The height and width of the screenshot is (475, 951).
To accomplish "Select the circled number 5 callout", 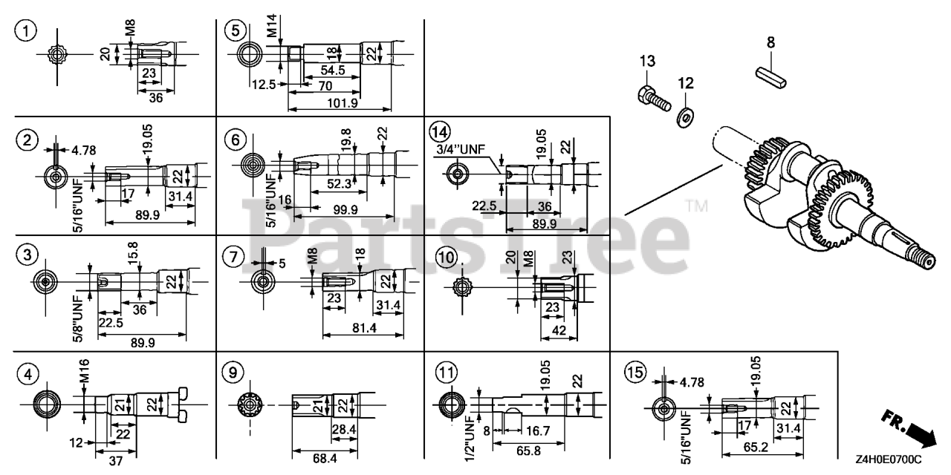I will click(x=236, y=30).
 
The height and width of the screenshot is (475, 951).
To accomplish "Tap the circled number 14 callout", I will click(x=440, y=131).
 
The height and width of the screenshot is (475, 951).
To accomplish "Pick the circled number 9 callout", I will click(x=233, y=371).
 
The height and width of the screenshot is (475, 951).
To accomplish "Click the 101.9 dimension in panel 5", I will click(x=343, y=103).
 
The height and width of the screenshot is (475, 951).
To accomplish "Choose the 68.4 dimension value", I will click(x=324, y=459).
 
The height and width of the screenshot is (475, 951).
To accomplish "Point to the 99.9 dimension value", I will click(x=344, y=209).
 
